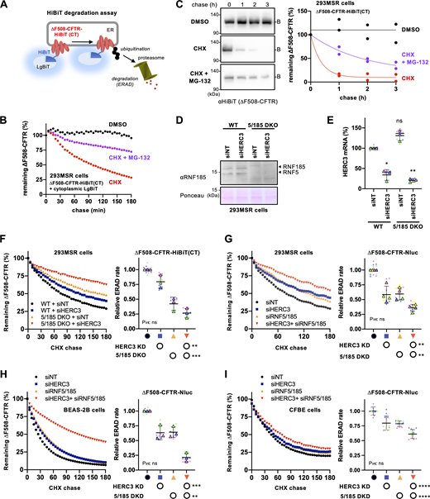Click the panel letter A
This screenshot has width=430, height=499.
click(7, 7)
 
